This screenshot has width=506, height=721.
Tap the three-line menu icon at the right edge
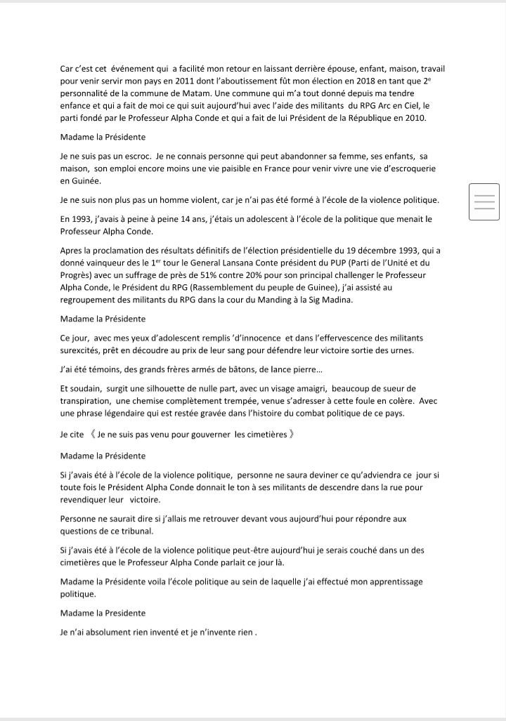click(x=484, y=201)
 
